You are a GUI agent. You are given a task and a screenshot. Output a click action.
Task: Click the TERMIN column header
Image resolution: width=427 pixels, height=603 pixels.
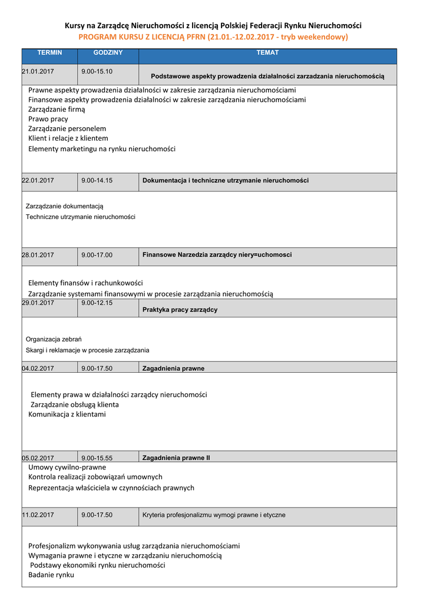coord(49,53)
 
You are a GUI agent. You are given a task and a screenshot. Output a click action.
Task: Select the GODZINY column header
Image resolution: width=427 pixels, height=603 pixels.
coord(108,53)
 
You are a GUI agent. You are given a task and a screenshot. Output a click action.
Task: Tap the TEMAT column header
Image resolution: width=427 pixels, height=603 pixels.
coord(267,53)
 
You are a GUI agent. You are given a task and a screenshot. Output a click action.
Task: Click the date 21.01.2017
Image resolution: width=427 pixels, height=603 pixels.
coord(38,71)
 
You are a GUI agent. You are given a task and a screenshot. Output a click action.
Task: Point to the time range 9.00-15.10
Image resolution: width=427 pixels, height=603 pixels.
coord(97,71)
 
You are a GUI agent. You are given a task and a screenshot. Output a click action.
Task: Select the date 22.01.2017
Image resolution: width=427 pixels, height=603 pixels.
coord(38,181)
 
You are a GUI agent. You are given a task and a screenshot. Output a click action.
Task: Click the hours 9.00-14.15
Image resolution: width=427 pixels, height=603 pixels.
coord(97,181)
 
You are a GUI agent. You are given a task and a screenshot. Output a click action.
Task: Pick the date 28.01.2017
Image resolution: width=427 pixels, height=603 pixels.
coord(38,255)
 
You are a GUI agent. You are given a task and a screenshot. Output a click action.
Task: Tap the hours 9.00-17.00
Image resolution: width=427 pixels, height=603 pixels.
coord(97,255)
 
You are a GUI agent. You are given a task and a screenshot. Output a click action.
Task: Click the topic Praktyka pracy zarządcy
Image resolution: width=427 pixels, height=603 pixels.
coord(180,310)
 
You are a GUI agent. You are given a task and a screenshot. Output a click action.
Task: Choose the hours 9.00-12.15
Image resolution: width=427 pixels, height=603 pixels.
coord(97,303)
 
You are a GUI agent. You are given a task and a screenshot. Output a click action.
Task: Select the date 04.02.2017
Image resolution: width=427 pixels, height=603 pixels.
coord(38,369)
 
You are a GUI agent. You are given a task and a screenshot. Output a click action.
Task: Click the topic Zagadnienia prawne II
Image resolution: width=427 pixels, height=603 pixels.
coord(176,458)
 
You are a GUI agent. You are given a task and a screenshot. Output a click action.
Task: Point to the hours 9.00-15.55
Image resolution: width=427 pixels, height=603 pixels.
coord(97,458)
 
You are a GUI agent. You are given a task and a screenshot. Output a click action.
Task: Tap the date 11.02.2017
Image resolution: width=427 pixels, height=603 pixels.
coord(38,515)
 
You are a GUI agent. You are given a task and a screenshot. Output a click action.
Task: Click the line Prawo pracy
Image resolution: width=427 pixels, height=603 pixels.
coord(48,119)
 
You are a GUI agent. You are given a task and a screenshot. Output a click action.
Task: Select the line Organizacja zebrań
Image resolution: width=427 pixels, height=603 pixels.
coord(54,339)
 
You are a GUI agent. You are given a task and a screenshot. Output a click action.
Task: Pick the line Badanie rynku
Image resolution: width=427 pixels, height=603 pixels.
coord(51,575)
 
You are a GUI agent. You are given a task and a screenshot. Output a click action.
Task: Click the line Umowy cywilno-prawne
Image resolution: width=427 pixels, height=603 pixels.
coord(67,467)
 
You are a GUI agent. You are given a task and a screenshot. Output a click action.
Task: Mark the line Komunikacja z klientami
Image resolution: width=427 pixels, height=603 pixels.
coord(67,415)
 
